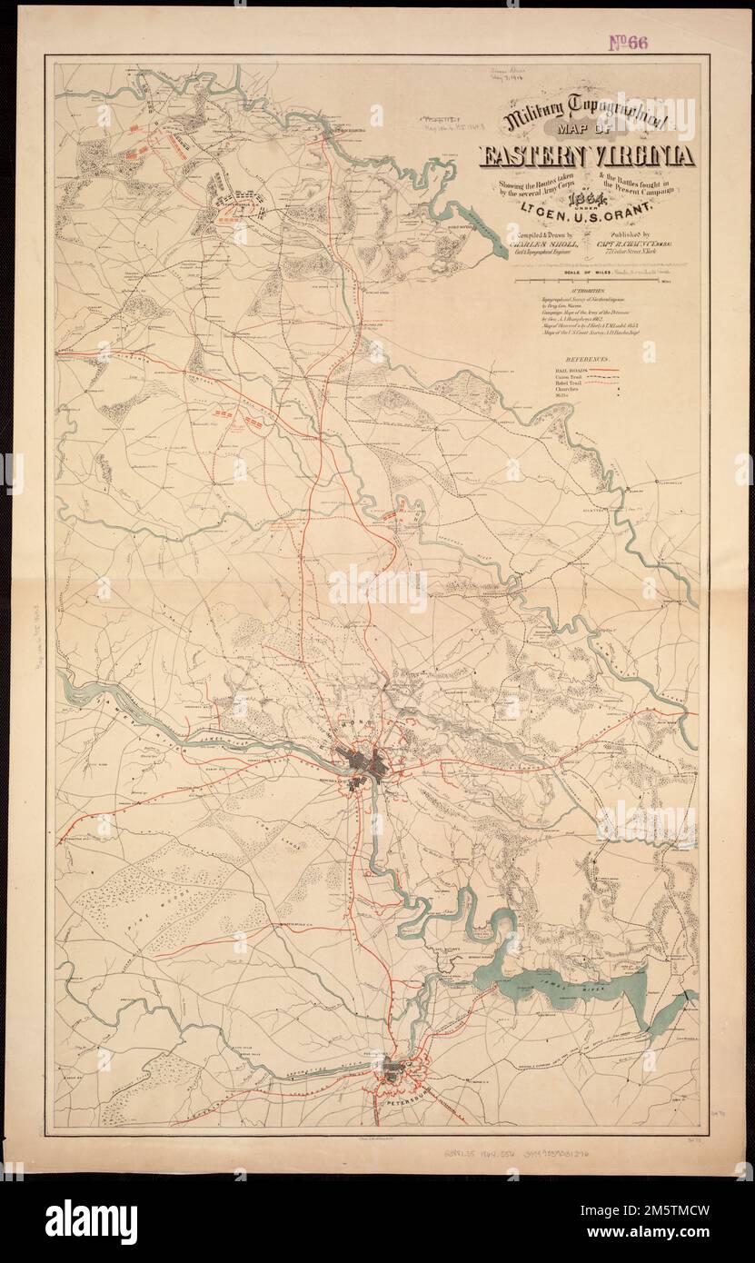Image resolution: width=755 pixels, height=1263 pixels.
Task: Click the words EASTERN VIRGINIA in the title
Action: (588, 157)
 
